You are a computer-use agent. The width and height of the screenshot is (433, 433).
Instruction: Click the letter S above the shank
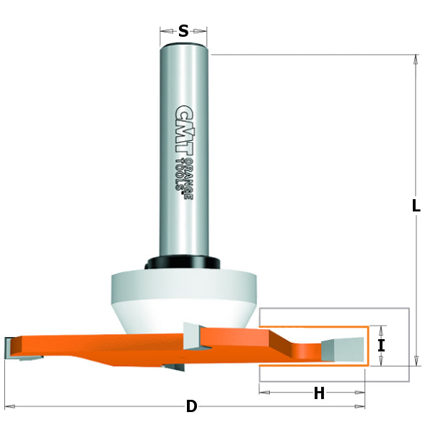pos(183,30)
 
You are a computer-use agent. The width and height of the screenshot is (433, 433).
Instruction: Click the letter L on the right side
pos(416,206)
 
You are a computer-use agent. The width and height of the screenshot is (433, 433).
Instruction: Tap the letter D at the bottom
pos(191,406)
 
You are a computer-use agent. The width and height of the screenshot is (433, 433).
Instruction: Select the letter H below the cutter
pos(318,393)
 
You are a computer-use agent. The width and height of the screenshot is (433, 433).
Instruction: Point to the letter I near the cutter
pos(381,346)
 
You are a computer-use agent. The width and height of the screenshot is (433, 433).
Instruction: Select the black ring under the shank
pos(183,263)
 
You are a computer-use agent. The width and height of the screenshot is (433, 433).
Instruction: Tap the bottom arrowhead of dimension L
pos(416,362)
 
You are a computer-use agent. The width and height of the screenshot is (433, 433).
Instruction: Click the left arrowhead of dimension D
pos(9,406)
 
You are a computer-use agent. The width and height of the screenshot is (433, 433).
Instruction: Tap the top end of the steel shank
pos(183,45)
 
